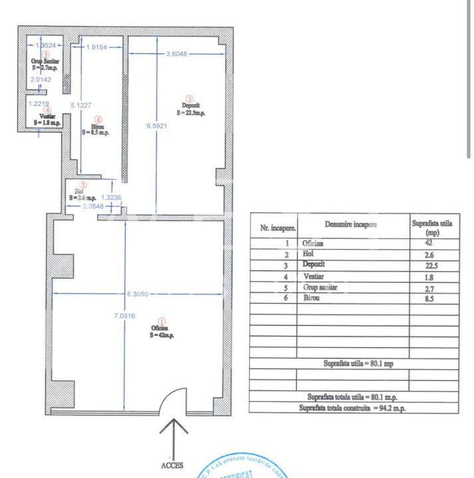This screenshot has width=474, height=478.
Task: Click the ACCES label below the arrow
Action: [x=172, y=465]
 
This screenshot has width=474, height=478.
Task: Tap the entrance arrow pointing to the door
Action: [x=172, y=436]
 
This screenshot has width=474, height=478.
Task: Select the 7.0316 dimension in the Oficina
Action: [x=124, y=316]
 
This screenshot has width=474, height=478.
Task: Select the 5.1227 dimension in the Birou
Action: [x=81, y=104]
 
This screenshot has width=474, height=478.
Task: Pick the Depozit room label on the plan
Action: [x=191, y=109]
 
